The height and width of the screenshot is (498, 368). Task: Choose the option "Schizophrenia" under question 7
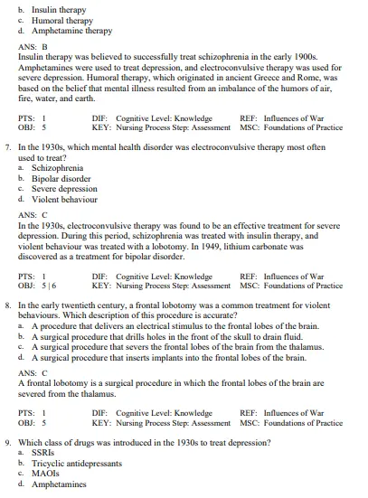pos(57,168)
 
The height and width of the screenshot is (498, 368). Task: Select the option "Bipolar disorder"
pos(61,178)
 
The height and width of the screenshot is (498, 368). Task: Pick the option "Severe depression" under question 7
pos(64,188)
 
